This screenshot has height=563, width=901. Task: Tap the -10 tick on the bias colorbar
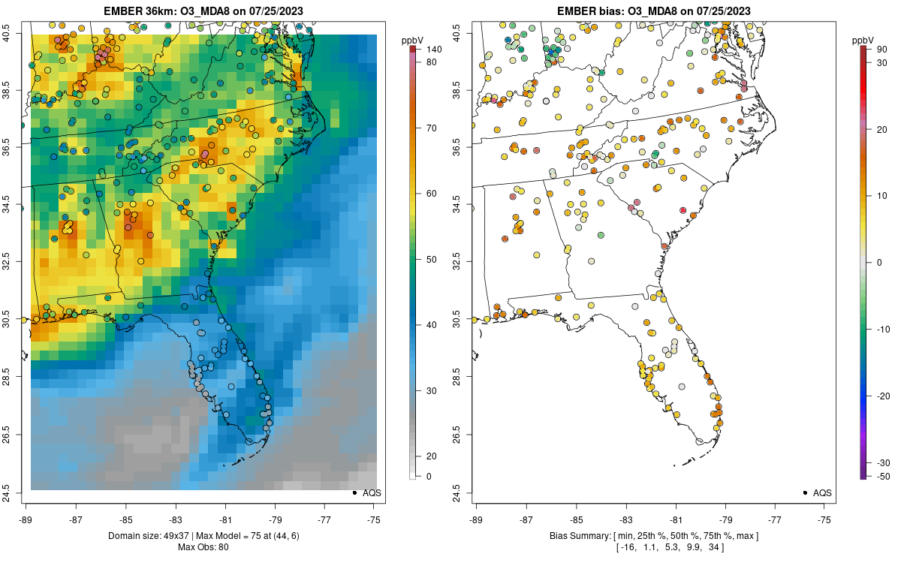pos(884,329)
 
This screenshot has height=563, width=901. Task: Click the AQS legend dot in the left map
pos(354,492)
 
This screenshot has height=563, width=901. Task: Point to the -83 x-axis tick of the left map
pos(176,519)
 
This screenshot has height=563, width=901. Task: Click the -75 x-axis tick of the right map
pos(825,519)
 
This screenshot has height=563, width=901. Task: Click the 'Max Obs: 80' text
pos(203,546)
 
